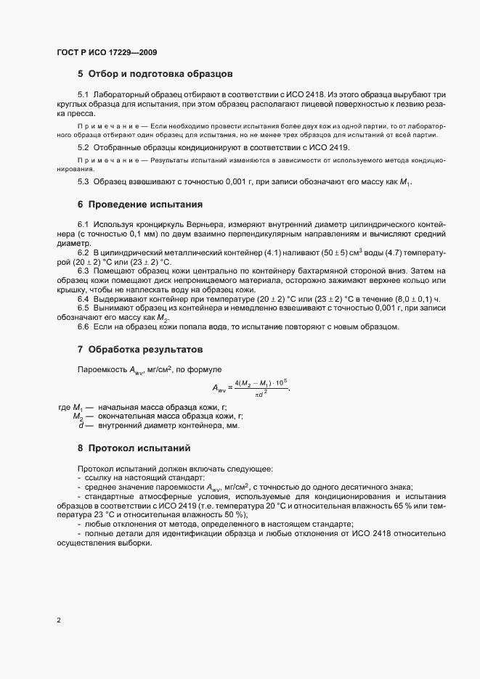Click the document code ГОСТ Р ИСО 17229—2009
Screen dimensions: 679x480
pos(106,53)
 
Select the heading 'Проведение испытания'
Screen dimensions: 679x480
pos(145,205)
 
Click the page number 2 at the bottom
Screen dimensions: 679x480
pos(59,620)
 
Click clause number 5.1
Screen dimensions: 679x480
pos(83,95)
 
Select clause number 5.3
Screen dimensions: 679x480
pos(83,181)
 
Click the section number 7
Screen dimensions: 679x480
pos(81,350)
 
